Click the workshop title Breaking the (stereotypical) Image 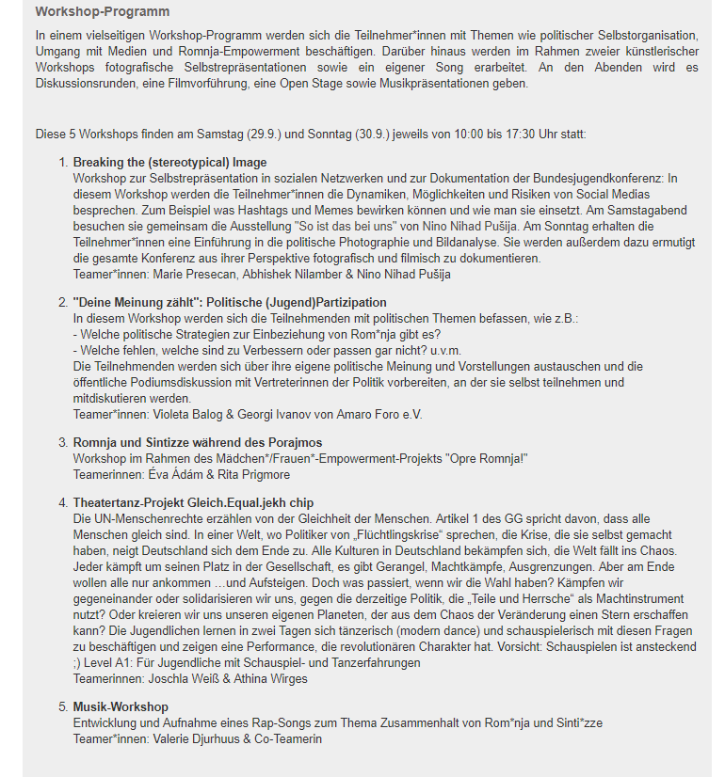[169, 163]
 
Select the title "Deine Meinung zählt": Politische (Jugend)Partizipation [230, 302]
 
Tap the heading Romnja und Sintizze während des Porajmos [198, 442]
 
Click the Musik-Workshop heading [121, 706]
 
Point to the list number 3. [63, 442]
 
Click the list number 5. [63, 706]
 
